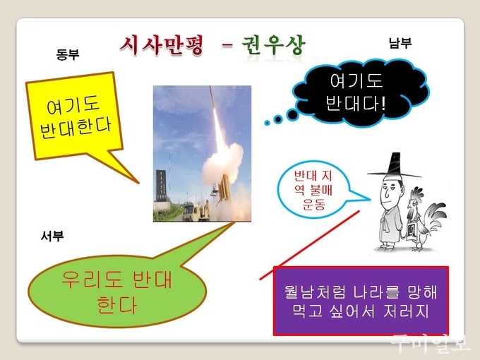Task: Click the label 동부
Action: click(68, 54)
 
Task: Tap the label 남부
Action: click(400, 43)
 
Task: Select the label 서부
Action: click(52, 236)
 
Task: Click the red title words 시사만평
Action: click(162, 46)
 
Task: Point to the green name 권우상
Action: click(274, 46)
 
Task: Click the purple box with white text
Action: click(361, 301)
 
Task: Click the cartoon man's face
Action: click(390, 192)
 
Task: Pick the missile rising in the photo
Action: click(217, 116)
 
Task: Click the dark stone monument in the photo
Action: click(162, 186)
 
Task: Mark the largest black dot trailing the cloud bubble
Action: click(293, 115)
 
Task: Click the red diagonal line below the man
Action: click(309, 245)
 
